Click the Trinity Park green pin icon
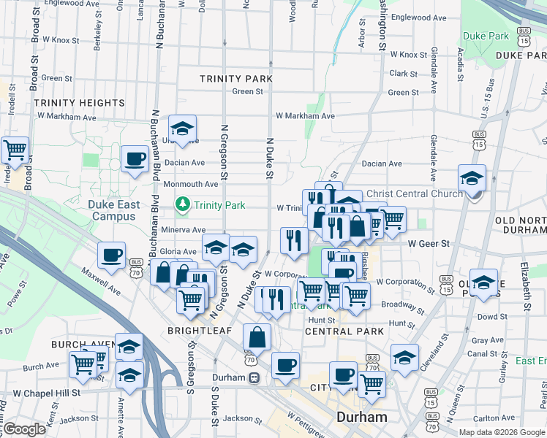point(183,206)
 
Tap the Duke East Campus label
point(113,210)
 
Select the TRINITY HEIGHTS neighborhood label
point(79,103)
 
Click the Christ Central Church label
point(414,193)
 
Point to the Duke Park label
point(486,35)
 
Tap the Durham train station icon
point(254,378)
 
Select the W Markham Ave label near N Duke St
point(305,116)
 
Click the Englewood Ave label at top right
point(418,17)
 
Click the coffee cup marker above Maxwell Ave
point(112,255)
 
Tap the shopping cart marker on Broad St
point(15,150)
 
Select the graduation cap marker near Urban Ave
point(182,129)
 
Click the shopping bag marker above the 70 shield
point(257,337)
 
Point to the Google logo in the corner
point(24,430)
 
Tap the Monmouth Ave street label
point(191,185)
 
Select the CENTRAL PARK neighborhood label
point(344,331)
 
